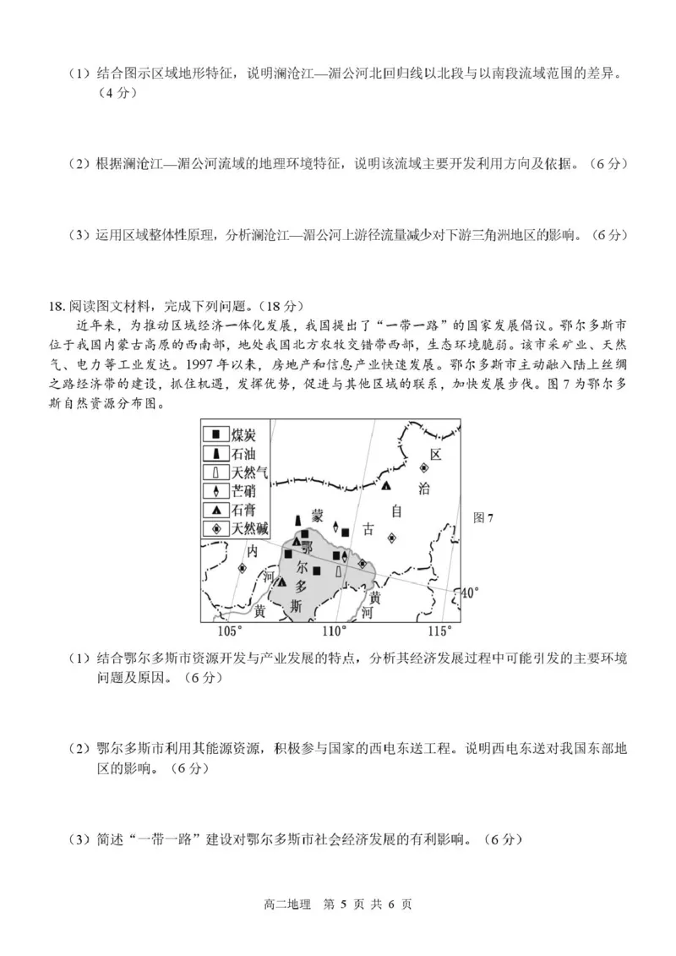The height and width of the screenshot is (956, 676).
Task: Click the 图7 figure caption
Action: point(483,518)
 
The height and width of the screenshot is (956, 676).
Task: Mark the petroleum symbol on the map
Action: point(297,519)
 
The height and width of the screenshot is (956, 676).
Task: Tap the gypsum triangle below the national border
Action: point(386,486)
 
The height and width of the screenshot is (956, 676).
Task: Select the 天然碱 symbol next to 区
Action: point(424,467)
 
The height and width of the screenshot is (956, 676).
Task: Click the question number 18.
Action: point(57,305)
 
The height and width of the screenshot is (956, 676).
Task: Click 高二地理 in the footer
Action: point(290,904)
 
